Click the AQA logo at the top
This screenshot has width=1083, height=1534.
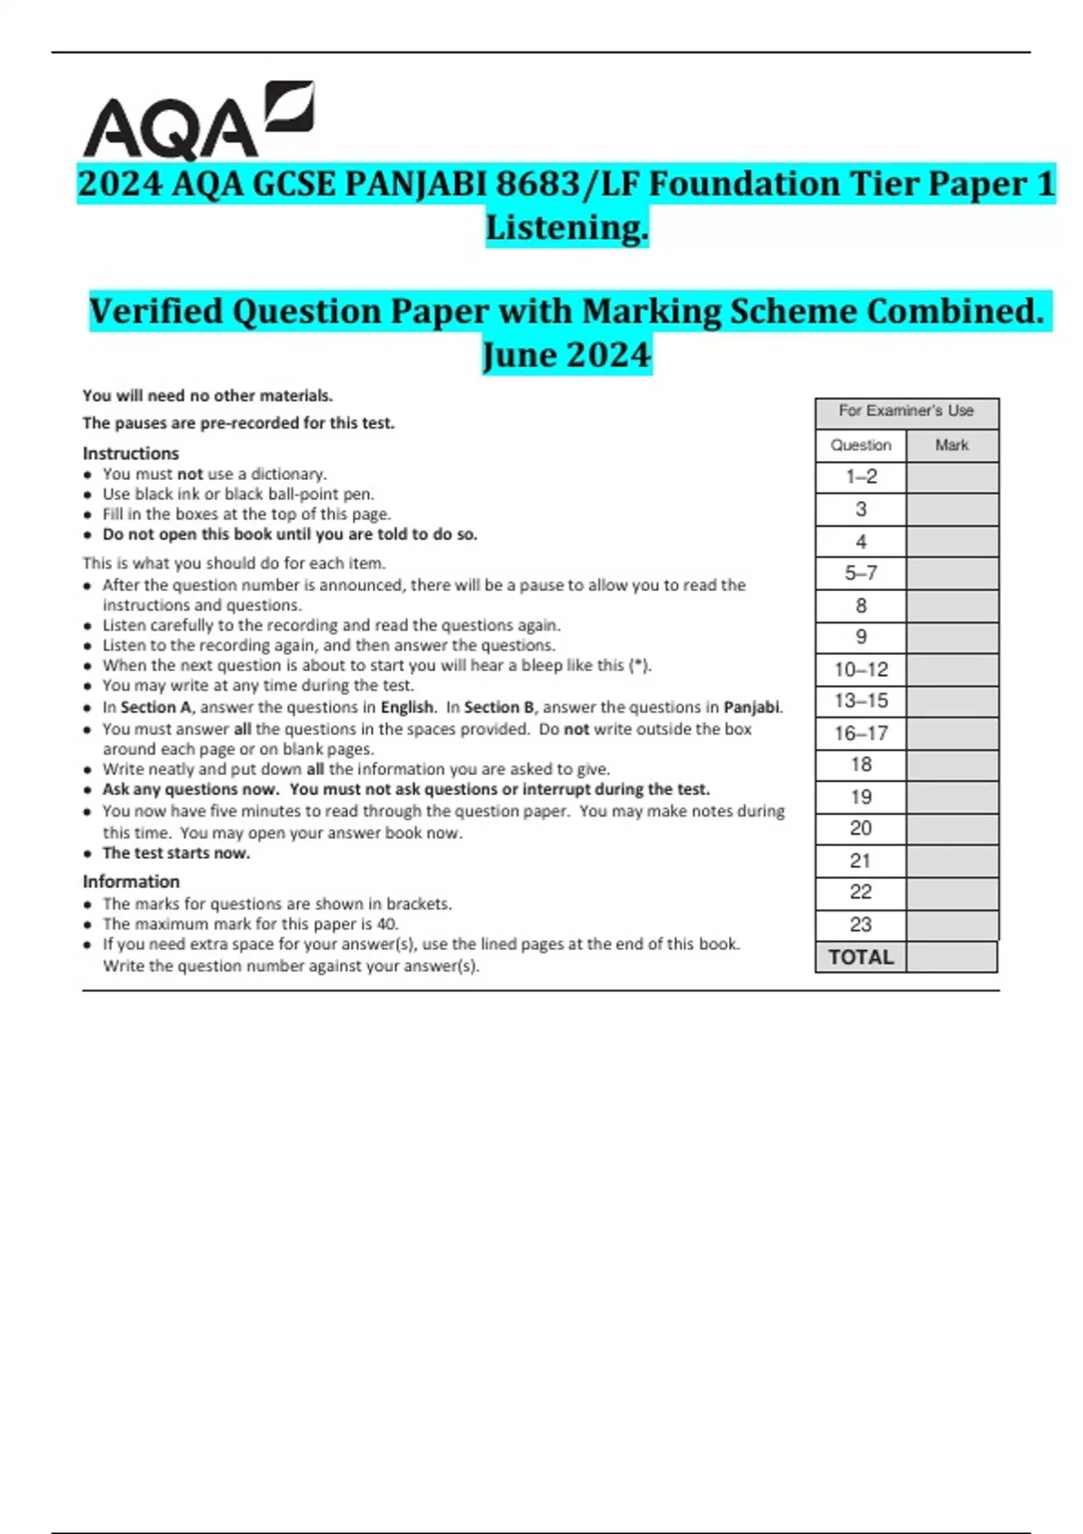(199, 122)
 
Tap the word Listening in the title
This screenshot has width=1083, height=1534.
(567, 227)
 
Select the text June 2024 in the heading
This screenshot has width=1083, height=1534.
(567, 355)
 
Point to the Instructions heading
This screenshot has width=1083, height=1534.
(131, 453)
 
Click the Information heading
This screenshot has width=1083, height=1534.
(131, 882)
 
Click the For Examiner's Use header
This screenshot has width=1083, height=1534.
(906, 411)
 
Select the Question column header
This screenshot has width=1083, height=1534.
(861, 445)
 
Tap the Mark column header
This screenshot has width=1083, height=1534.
(952, 445)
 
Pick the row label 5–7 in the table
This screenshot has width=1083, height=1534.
(861, 573)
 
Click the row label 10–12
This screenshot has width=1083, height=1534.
(861, 670)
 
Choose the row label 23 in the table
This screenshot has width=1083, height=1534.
(861, 925)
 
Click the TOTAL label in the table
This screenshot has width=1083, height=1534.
(861, 957)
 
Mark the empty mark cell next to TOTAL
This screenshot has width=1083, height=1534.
(952, 957)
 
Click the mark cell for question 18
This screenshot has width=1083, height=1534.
(952, 765)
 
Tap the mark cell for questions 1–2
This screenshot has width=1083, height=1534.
(952, 477)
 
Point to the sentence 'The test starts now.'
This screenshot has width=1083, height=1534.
(176, 854)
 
